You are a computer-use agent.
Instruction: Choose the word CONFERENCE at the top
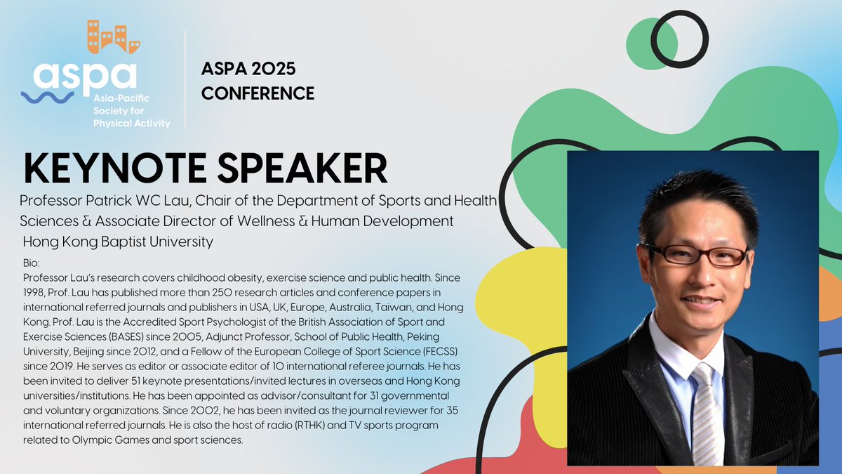coord(258,93)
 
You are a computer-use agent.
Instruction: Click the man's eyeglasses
coord(695,254)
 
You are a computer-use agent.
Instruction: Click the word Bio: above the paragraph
coord(32,262)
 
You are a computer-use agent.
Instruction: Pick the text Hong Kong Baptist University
coord(118,242)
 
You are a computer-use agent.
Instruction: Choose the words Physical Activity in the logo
coord(132,124)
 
